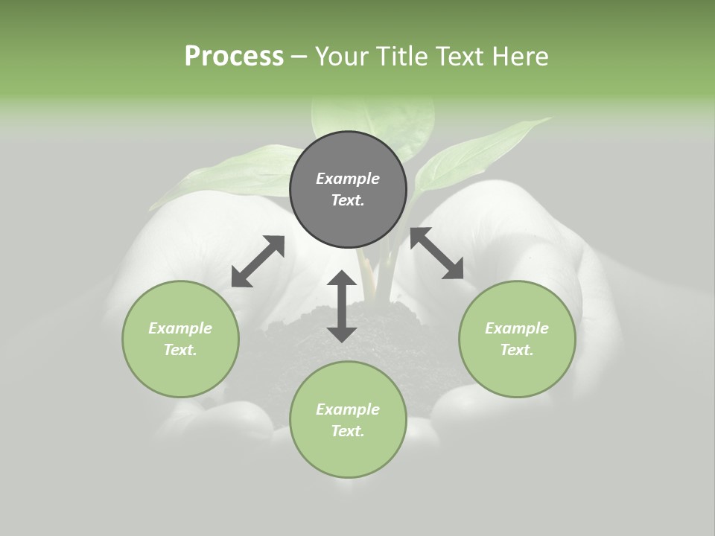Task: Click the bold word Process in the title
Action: (234, 57)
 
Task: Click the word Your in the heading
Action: (342, 57)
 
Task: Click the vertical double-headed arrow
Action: (342, 306)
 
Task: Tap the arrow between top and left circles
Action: (258, 261)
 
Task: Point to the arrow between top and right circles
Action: (436, 254)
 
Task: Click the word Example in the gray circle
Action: (348, 179)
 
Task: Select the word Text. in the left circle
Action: (180, 350)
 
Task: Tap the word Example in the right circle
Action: (517, 328)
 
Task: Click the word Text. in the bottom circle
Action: (348, 431)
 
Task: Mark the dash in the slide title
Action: (299, 57)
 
